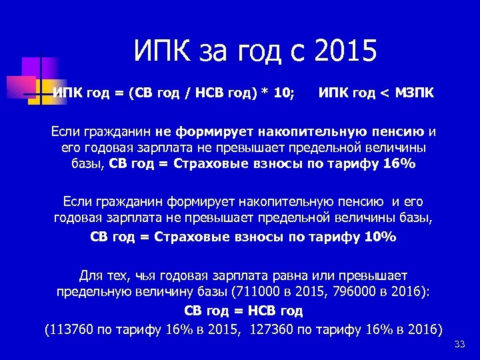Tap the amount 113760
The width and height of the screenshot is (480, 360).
(x=69, y=329)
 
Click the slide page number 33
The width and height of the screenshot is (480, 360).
(x=459, y=345)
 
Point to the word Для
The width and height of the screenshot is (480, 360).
(x=92, y=274)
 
